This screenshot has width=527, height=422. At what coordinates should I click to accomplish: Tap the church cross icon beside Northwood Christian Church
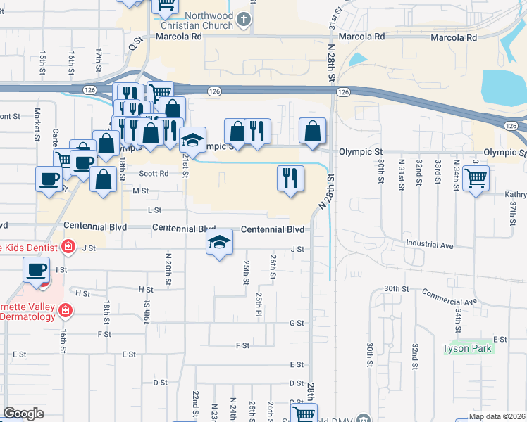click(x=244, y=19)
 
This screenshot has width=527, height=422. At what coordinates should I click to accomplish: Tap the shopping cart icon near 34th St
click(x=476, y=179)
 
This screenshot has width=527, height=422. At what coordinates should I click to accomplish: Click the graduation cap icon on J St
click(x=220, y=243)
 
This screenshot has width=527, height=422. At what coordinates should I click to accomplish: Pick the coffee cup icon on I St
click(x=36, y=269)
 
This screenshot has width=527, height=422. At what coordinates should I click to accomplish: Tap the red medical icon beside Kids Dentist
click(x=68, y=246)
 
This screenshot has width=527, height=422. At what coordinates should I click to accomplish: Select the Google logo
click(x=23, y=414)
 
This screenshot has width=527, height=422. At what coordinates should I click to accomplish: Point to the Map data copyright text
click(x=497, y=416)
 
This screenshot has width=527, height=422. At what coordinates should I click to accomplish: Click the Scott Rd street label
click(x=154, y=173)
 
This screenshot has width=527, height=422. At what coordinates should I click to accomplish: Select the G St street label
click(x=297, y=323)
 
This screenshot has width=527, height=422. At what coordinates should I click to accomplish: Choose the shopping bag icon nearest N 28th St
click(x=312, y=131)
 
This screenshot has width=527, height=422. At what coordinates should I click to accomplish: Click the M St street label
click(x=141, y=191)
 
